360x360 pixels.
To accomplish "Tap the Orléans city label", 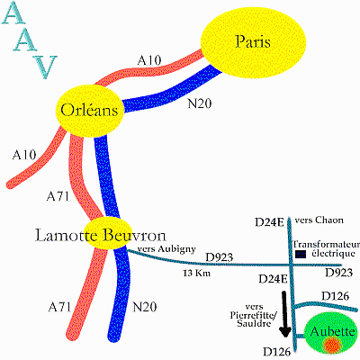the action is tap(89, 110).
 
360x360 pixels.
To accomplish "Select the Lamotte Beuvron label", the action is tap(101, 235).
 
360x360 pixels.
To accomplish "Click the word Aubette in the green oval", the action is tap(333, 331).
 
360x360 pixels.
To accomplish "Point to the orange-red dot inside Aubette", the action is tap(333, 345).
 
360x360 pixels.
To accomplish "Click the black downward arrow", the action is tap(284, 314).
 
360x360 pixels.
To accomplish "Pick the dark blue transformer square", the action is tap(301, 255).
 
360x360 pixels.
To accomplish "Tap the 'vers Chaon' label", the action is tap(319, 220).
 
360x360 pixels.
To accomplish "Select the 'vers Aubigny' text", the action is tap(166, 249).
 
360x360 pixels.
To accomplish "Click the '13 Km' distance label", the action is tap(196, 274).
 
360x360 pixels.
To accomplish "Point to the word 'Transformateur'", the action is tap(326, 244).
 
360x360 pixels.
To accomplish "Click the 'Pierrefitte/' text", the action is tap(254, 316).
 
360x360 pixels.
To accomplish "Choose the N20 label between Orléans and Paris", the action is tap(200, 103).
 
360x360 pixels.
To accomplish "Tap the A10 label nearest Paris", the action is tap(149, 60).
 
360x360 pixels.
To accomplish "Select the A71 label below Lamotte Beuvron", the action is tap(59, 307).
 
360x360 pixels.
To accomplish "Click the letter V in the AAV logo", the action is tap(44, 67).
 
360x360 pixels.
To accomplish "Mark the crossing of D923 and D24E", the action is tap(291, 265).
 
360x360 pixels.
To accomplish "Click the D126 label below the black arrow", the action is tap(277, 352).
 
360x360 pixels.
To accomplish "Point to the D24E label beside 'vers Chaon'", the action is tap(269, 222).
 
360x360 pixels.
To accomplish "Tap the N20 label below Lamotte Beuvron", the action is tap(145, 307).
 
